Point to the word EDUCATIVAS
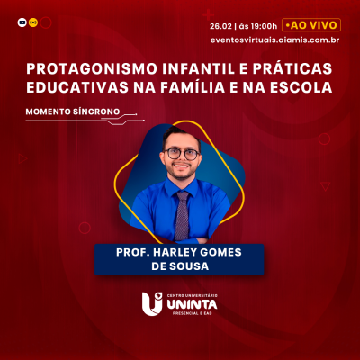(74, 87)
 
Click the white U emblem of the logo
(151, 306)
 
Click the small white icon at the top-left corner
(22, 21)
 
